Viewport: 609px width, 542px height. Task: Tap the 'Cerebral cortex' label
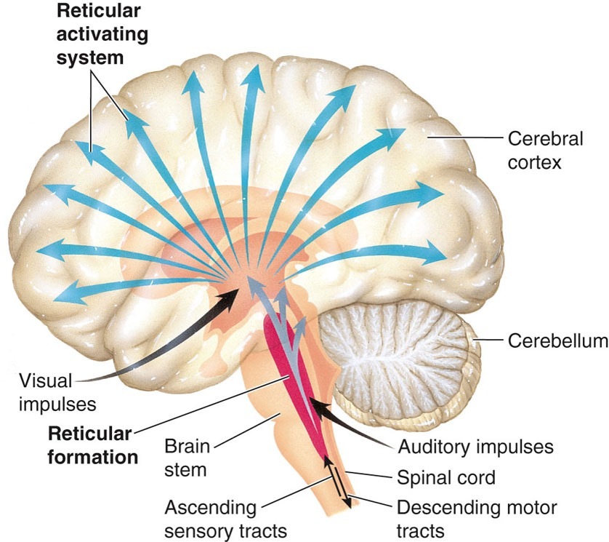coord(534,149)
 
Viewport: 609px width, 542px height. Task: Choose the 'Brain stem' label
coord(185,456)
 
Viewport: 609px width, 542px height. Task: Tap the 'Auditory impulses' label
coord(476,445)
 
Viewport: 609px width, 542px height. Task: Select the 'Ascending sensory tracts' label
coord(211,517)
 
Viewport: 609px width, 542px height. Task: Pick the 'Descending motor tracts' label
coord(476,517)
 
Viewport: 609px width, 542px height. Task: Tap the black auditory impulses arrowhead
coord(315,404)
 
